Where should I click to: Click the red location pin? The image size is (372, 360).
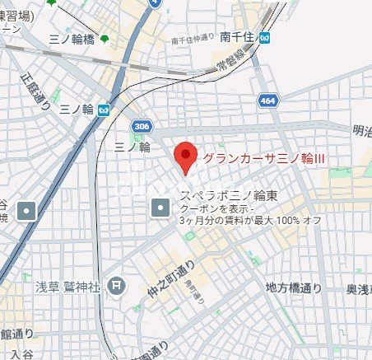(x=186, y=157)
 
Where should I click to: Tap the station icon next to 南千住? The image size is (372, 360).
(x=263, y=37)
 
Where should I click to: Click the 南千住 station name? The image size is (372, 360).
(x=236, y=37)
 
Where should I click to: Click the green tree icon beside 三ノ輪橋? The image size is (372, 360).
(x=104, y=39)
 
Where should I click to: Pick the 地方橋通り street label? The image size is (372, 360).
(x=293, y=288)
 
